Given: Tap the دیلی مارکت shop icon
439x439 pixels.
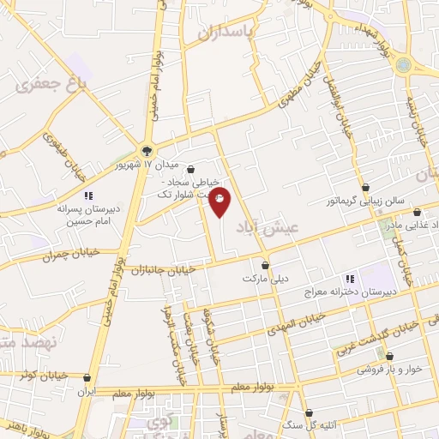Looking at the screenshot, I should click(266, 265).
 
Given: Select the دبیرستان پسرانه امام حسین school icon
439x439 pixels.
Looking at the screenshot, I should click(87, 195).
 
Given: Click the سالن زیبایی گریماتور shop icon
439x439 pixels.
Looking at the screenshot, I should click(365, 187).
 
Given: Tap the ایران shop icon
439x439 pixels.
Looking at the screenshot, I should click(87, 377).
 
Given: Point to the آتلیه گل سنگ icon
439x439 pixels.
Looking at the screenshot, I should click(309, 413).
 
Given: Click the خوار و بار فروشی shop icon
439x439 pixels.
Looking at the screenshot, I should click(391, 355).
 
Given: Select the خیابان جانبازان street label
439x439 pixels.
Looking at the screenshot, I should click(162, 270).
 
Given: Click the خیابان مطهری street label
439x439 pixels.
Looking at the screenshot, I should click(299, 96).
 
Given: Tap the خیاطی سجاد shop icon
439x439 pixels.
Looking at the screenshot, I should click(190, 169).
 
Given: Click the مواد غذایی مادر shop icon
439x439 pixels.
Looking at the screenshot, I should click(418, 212).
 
